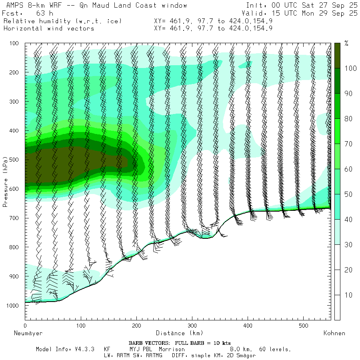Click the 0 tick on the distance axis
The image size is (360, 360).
coord(25,326)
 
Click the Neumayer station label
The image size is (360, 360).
coord(28,333)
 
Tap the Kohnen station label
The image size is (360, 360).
coord(334,333)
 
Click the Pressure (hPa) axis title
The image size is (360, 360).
coord(6,182)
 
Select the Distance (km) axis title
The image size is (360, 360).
coord(179,333)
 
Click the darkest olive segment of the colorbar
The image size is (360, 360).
coord(338,55)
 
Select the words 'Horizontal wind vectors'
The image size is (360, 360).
coord(49,28)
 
